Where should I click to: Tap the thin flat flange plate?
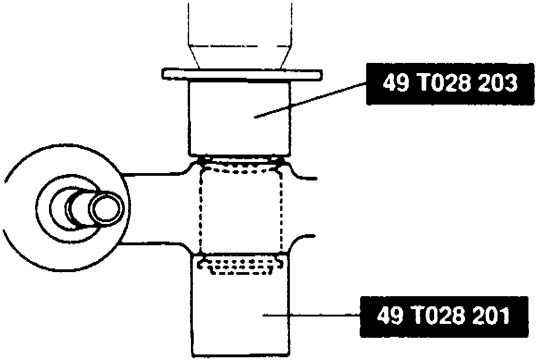[x=241, y=74]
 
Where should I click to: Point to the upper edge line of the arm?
[x=153, y=174]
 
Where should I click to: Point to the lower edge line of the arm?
[x=153, y=244]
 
